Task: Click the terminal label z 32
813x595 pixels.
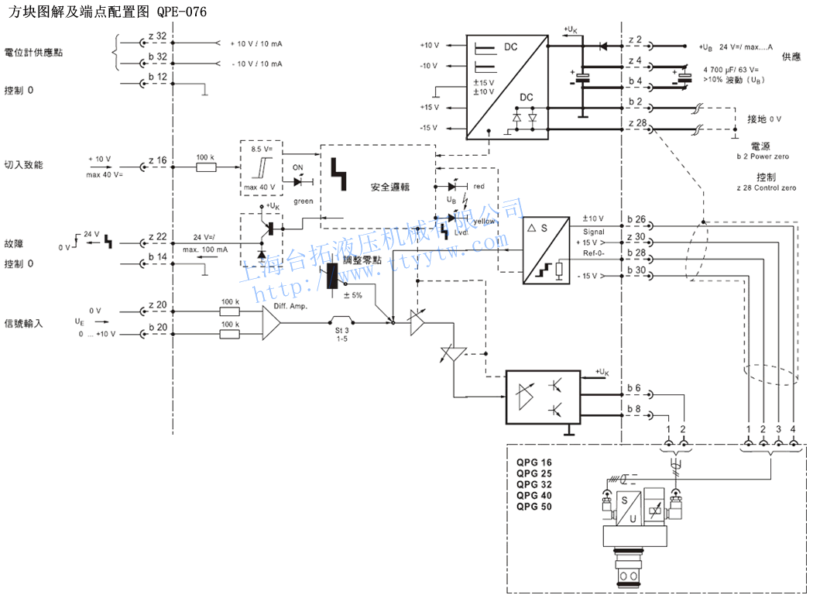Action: tap(156, 36)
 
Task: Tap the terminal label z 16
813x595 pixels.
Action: tap(156, 161)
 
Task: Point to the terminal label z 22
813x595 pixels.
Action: tap(156, 236)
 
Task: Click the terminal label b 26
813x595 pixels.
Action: tap(636, 219)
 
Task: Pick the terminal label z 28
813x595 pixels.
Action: tap(636, 123)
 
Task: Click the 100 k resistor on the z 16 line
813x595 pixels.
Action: tap(205, 166)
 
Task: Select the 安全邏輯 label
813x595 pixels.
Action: tap(389, 188)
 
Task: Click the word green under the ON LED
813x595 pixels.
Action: tap(303, 201)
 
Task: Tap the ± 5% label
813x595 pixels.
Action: tap(352, 294)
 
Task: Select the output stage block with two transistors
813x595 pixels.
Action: tap(543, 396)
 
